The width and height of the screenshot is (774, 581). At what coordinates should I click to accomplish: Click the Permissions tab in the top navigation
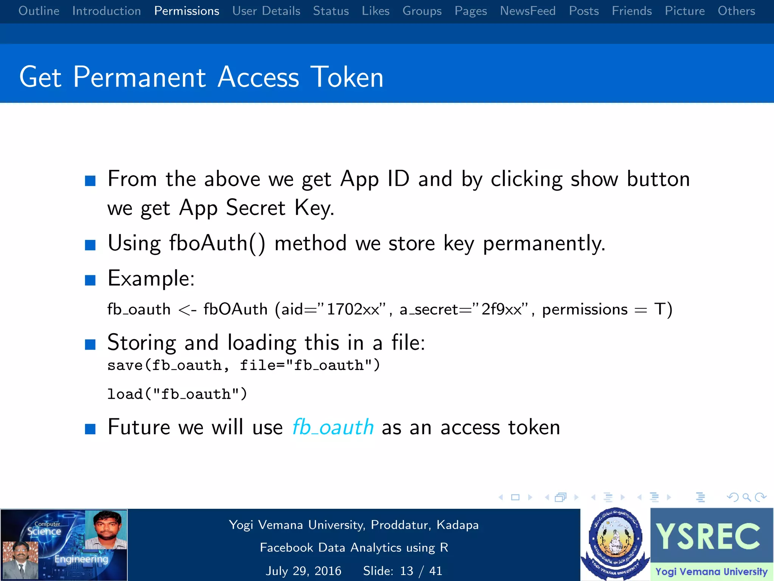pos(187,11)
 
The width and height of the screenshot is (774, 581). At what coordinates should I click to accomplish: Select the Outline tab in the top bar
pos(39,11)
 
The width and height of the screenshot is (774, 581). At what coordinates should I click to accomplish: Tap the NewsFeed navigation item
pos(528,11)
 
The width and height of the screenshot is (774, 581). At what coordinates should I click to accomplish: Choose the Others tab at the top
pos(736,11)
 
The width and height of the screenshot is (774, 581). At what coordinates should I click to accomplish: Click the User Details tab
pos(266,11)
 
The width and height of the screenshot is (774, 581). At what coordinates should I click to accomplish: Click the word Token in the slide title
pos(347,77)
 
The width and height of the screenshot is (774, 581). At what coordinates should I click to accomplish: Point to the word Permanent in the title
pos(139,77)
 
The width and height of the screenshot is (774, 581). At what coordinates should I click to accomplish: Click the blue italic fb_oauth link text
pos(333,427)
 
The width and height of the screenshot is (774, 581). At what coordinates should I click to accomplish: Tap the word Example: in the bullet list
pos(151,279)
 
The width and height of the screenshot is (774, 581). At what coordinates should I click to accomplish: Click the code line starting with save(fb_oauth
pos(243,365)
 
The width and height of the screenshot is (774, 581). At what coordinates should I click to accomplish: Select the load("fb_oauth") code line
pos(177,394)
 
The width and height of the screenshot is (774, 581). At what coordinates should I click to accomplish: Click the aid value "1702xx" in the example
pos(353,309)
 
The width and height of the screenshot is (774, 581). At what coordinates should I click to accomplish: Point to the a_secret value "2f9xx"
pos(502,309)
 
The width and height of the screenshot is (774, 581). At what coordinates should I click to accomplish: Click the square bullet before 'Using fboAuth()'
pos(90,245)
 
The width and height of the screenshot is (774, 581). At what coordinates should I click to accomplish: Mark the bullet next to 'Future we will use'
pos(90,429)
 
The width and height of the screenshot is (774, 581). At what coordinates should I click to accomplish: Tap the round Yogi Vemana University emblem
pos(615,542)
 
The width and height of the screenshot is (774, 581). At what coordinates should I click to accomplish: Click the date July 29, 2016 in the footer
pos(303,571)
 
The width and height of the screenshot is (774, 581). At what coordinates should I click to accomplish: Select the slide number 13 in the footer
pos(407,571)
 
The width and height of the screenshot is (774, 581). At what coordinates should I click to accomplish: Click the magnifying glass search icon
pos(746,497)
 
